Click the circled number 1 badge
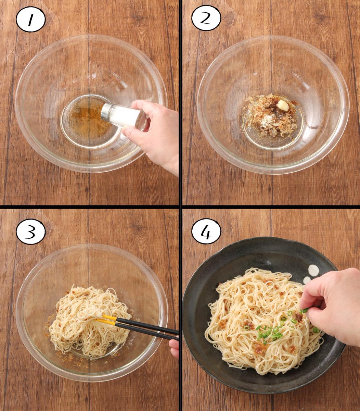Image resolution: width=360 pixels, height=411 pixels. click(x=30, y=19)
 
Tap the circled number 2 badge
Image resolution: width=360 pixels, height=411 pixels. click(x=206, y=18)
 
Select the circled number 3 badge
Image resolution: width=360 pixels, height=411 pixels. click(x=30, y=231)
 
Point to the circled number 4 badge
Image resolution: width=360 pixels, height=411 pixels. click(x=206, y=231)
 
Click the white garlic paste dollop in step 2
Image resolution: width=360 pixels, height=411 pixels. click(x=283, y=105)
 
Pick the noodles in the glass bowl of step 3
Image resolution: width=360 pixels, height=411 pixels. click(x=89, y=321)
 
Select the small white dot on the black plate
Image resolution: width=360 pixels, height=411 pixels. click(x=307, y=281)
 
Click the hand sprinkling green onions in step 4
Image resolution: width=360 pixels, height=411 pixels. click(x=332, y=304)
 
